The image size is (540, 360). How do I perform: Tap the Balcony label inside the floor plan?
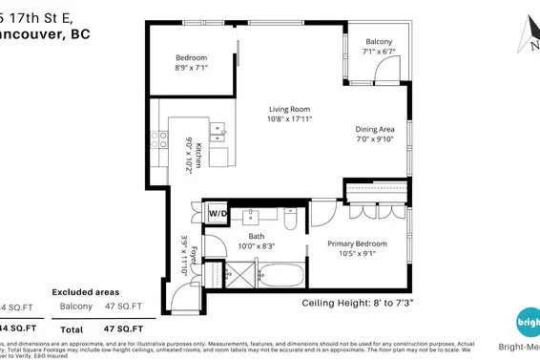(x=379, y=42)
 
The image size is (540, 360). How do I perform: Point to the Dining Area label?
(x=374, y=129)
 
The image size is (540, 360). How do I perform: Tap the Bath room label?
(x=257, y=236)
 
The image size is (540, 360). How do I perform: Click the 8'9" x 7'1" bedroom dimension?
(x=191, y=68)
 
